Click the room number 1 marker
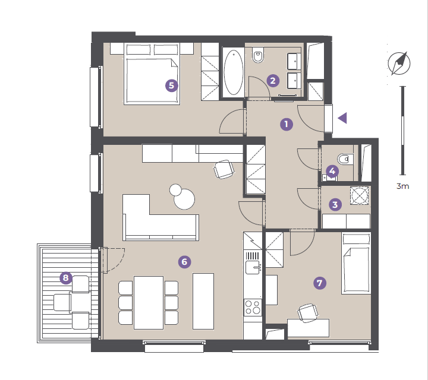click(287, 124)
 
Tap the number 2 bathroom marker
click(273, 81)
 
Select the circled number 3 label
click(335, 204)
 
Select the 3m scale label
click(402, 186)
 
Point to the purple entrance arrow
click(343, 118)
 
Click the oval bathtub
click(234, 72)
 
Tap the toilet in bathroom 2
click(257, 55)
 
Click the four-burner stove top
click(253, 307)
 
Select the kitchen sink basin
click(253, 267)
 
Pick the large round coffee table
click(184, 199)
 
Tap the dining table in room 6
click(149, 303)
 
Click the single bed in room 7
click(356, 263)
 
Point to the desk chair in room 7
click(308, 313)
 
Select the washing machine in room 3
click(360, 195)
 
